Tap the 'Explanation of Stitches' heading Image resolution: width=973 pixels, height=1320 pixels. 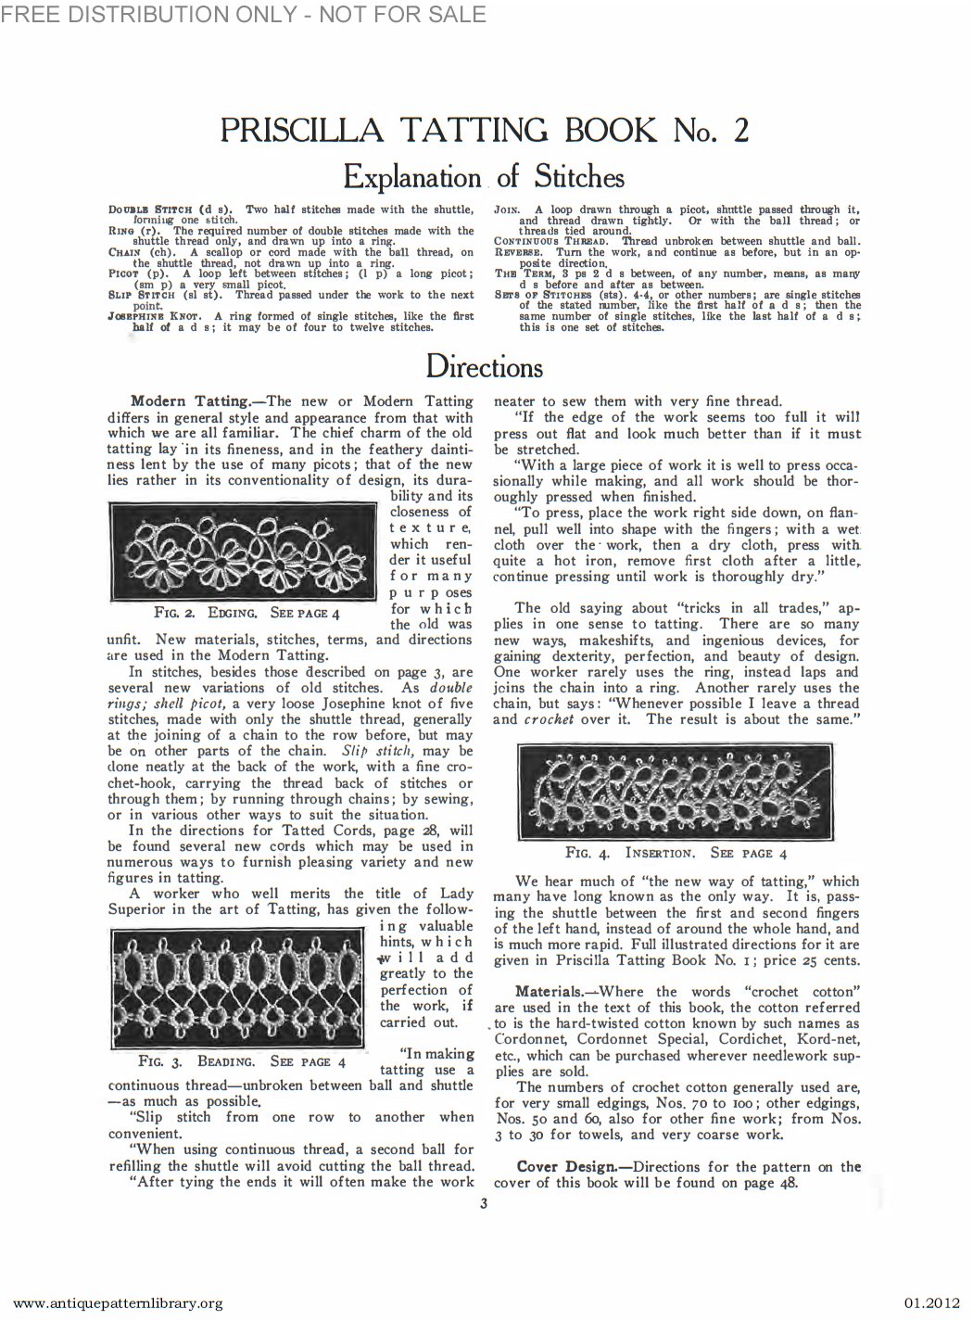(484, 176)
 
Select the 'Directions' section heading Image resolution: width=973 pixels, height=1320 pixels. (484, 366)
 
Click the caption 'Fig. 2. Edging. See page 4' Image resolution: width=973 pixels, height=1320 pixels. (247, 613)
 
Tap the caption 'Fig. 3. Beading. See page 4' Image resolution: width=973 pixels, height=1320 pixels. (242, 1060)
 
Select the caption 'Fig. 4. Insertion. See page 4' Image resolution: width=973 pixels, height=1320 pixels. (676, 853)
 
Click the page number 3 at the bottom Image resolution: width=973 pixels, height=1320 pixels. (484, 1204)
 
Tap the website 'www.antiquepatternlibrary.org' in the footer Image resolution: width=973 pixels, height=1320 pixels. (113, 1302)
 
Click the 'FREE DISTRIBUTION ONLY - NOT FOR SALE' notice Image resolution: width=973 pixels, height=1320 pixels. (243, 13)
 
